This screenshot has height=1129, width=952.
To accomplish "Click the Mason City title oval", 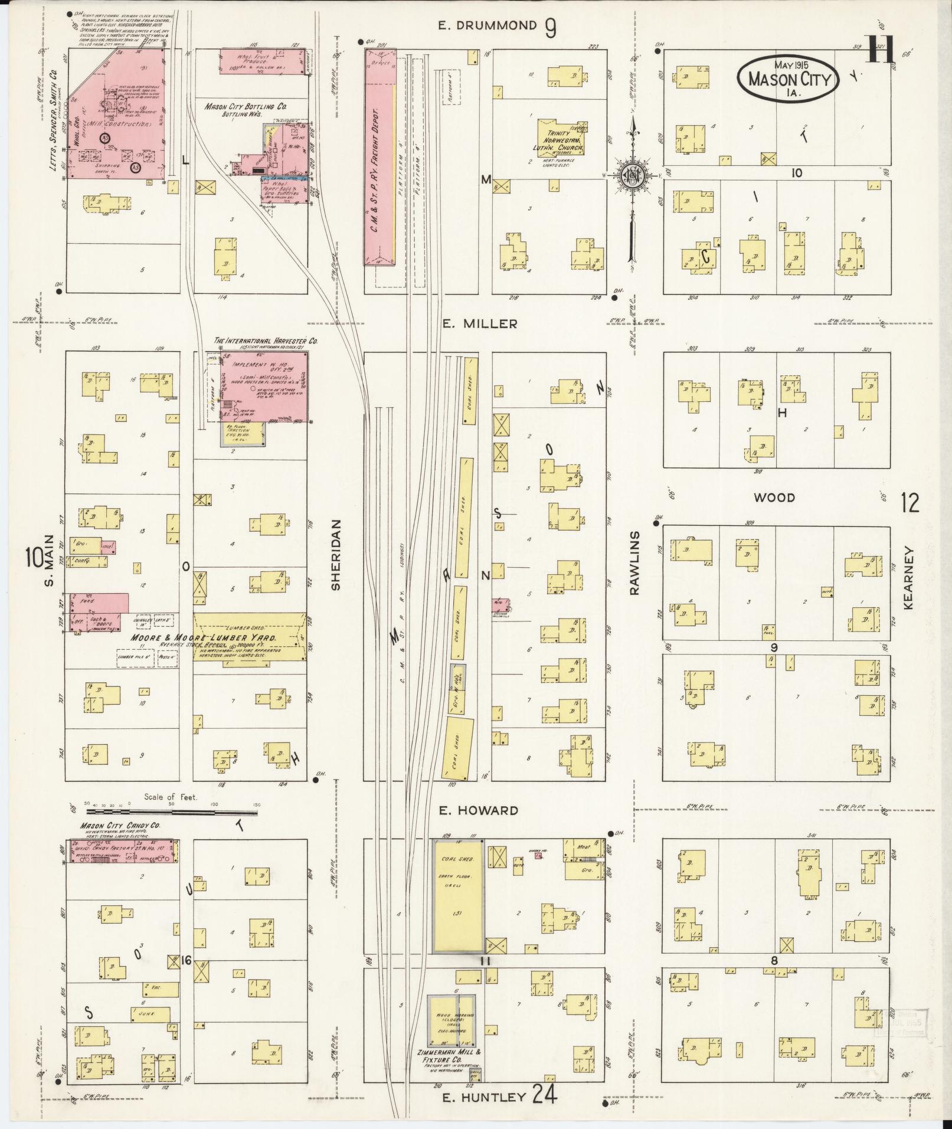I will [788, 80].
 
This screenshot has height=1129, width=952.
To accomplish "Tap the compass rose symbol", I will [632, 175].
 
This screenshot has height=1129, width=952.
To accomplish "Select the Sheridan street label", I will [336, 555].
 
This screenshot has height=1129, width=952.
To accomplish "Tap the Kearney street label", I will [908, 578].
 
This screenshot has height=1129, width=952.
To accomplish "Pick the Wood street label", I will [774, 498].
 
